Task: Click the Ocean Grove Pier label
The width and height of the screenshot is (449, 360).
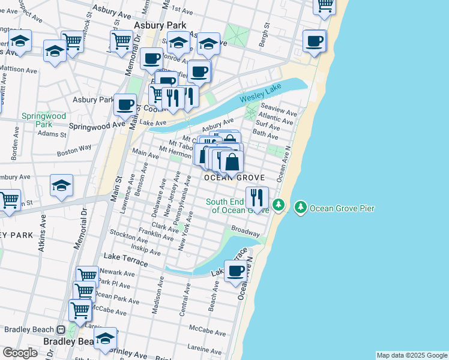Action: click(342, 208)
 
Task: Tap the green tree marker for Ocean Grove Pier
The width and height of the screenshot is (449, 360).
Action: click(301, 208)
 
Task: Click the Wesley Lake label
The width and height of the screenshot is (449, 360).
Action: click(259, 95)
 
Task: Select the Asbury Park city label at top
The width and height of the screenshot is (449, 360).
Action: click(160, 26)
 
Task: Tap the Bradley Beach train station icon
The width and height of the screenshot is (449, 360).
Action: click(61, 329)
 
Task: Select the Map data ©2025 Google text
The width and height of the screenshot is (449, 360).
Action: click(411, 355)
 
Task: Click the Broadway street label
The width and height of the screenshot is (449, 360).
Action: click(246, 231)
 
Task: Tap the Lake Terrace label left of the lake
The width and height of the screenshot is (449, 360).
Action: click(125, 259)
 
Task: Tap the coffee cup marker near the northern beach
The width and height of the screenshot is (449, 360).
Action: click(314, 41)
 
